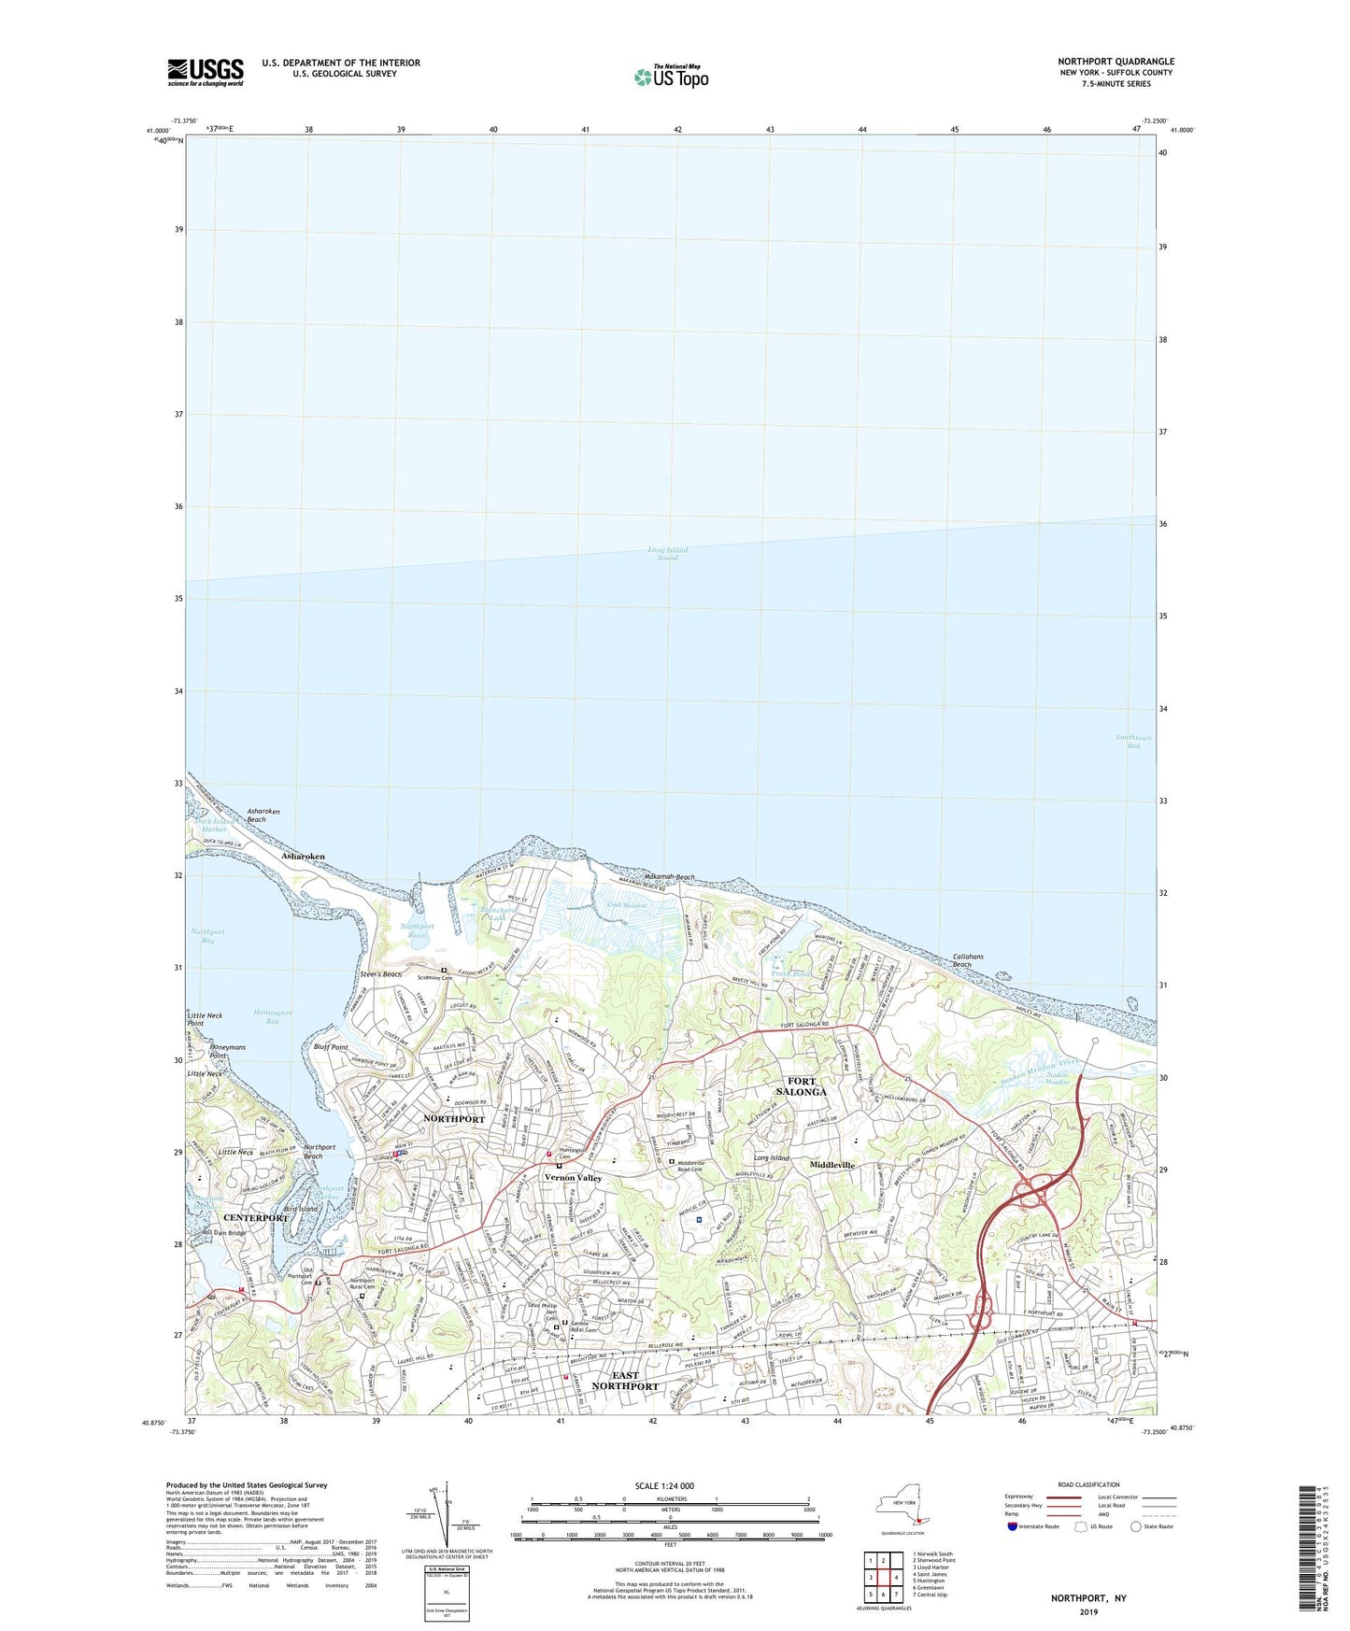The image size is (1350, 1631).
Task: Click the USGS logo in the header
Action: [x=205, y=72]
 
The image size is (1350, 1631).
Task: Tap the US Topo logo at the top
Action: [x=670, y=77]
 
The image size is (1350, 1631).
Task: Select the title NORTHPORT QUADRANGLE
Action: [x=1116, y=62]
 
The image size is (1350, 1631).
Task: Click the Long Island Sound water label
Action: [x=667, y=554]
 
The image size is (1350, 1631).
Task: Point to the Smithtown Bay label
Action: [x=1133, y=742]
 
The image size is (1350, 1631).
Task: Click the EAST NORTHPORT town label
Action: [x=625, y=1381]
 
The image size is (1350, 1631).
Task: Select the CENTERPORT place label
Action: [x=255, y=1218]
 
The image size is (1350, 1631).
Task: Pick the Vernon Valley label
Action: [x=574, y=1178]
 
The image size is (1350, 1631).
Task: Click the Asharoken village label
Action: [x=304, y=856]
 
